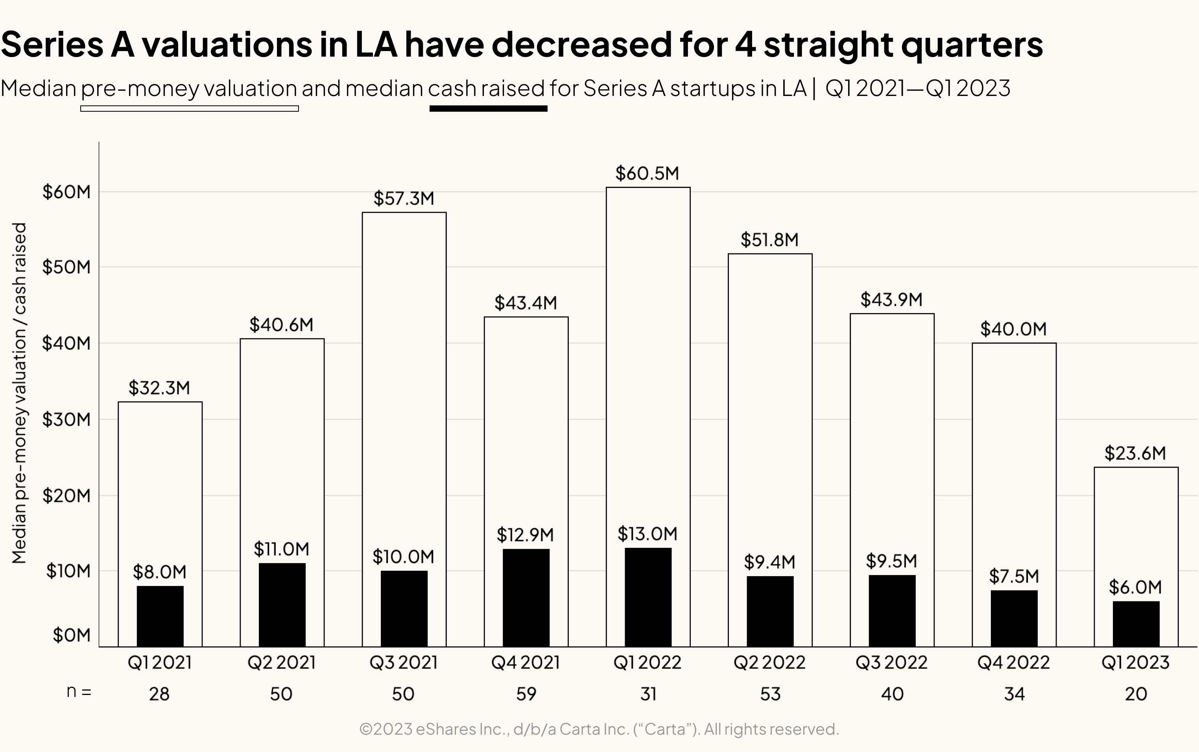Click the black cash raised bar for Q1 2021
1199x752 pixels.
(160, 616)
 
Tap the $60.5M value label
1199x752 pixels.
(647, 173)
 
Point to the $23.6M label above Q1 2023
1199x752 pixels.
(1135, 453)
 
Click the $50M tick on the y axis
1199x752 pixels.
(66, 267)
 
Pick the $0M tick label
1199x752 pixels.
(72, 635)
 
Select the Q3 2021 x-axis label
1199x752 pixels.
(403, 662)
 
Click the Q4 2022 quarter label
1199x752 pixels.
(1013, 662)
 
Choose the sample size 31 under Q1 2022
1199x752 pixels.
(647, 694)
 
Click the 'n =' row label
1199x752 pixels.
(79, 692)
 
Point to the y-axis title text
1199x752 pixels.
(19, 393)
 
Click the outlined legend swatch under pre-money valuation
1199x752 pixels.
(190, 109)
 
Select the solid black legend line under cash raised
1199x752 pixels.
(488, 109)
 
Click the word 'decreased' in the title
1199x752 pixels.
(581, 44)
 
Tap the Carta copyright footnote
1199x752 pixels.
(599, 729)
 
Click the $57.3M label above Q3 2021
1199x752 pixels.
(404, 199)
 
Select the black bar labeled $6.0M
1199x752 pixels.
(1136, 624)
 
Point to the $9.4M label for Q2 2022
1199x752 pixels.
(769, 562)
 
